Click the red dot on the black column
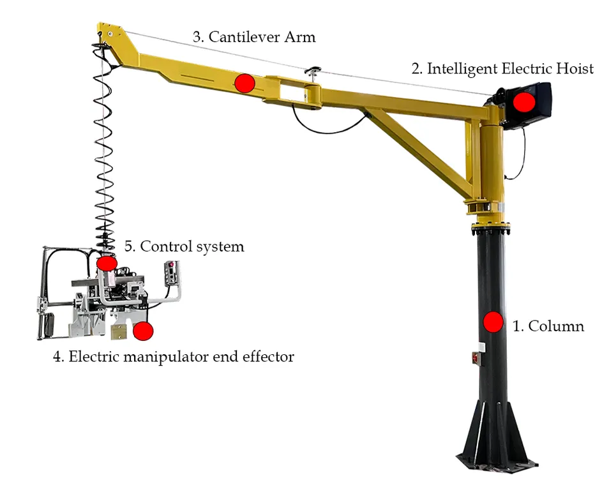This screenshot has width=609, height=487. [x=493, y=322]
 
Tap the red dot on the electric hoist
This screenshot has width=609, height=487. [x=524, y=101]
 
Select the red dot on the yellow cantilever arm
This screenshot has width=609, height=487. [x=244, y=83]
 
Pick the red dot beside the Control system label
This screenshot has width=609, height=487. [x=107, y=263]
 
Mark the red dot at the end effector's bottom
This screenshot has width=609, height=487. [x=143, y=331]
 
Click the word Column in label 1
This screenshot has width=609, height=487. [x=556, y=326]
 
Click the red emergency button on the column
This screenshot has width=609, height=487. [x=476, y=357]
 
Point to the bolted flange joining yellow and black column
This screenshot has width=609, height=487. [x=490, y=229]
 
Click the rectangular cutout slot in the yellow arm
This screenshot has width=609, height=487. [x=292, y=93]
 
